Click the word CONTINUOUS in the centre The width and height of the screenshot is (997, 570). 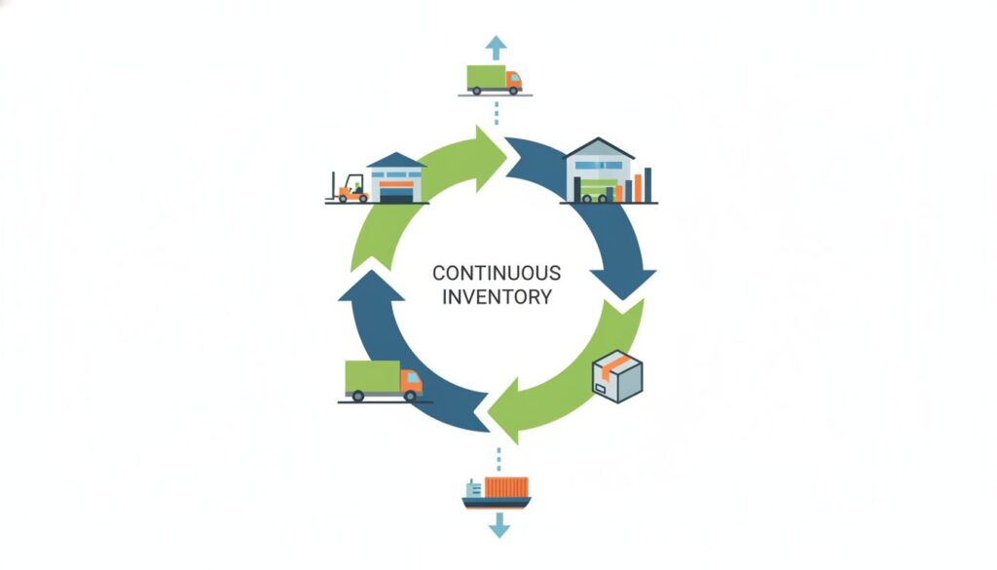tap(497, 273)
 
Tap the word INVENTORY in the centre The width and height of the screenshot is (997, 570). tap(497, 296)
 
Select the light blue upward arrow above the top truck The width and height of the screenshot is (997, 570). tap(497, 45)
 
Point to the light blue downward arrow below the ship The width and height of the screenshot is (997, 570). tap(498, 526)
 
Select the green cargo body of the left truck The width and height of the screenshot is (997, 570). tap(372, 377)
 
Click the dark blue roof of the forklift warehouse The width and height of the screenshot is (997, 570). tap(395, 160)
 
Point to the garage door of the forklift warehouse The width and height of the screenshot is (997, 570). tap(396, 194)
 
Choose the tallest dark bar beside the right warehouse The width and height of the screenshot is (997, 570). tap(647, 184)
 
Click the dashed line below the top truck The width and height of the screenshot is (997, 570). tap(497, 113)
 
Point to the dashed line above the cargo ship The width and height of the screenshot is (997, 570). tap(498, 457)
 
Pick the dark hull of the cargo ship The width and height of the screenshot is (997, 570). tap(497, 503)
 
